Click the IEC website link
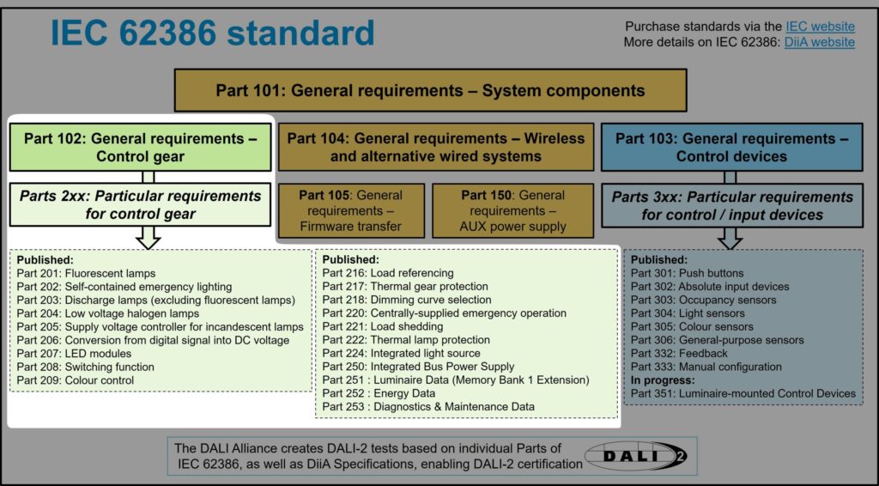click(x=820, y=27)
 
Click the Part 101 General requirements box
click(x=430, y=90)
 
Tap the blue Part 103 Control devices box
click(x=731, y=147)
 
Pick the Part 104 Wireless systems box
click(x=435, y=147)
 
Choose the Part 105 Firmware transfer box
click(x=350, y=210)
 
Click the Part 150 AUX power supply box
click(x=512, y=210)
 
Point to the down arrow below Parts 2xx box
click(x=149, y=237)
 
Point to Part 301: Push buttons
click(x=679, y=273)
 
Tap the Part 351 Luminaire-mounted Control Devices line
click(x=743, y=393)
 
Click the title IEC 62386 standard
click(x=212, y=33)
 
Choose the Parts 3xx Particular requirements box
click(x=731, y=206)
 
